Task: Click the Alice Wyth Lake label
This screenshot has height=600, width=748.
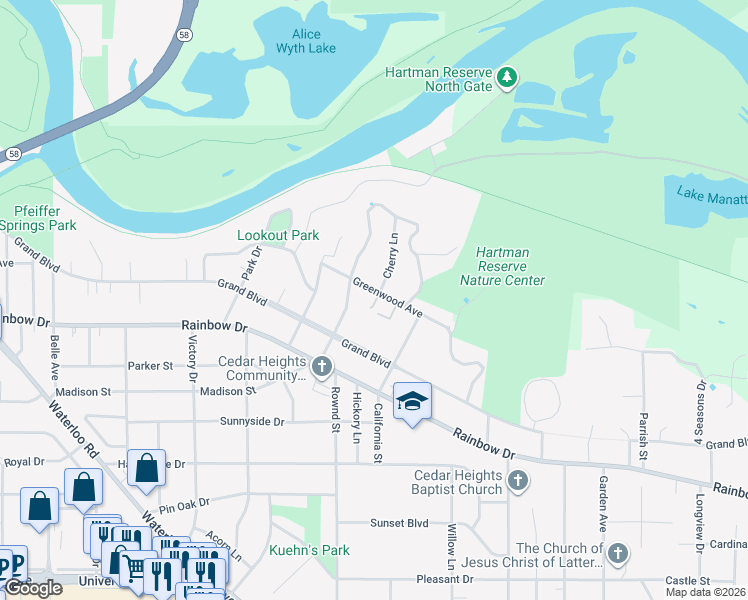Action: click(x=307, y=41)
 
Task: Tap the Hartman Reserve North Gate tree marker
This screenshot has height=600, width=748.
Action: click(x=507, y=77)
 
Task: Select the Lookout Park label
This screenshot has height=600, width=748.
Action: click(x=277, y=235)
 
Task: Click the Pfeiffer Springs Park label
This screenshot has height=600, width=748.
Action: click(x=45, y=218)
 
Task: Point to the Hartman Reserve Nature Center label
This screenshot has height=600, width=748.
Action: click(x=502, y=267)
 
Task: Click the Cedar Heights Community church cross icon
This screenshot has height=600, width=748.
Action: click(x=322, y=366)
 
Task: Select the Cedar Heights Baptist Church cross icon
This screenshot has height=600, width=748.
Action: click(x=517, y=482)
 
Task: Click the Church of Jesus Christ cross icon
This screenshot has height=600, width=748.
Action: click(x=618, y=553)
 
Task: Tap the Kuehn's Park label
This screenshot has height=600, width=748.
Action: click(x=309, y=550)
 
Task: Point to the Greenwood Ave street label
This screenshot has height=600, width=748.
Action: click(x=388, y=297)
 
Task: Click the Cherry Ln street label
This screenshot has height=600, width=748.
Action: click(x=392, y=256)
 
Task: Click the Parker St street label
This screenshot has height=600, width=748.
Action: click(x=151, y=366)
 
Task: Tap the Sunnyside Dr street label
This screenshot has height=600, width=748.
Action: click(x=252, y=422)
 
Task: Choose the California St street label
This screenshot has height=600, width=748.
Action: click(x=378, y=433)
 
